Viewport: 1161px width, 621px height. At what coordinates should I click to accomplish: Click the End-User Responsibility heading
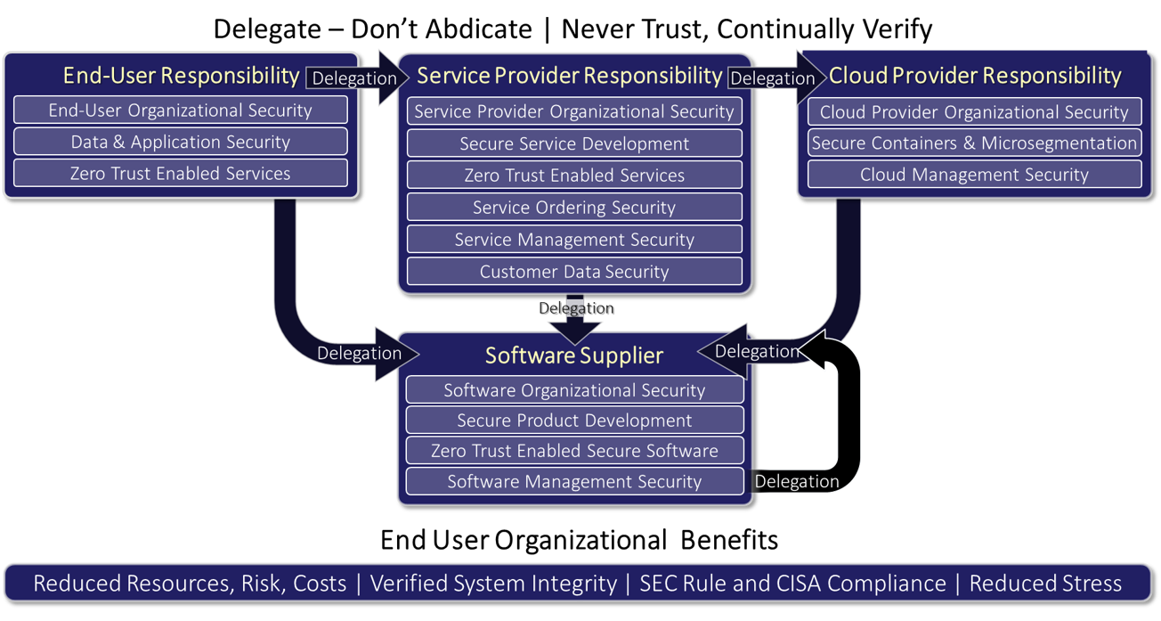point(181,76)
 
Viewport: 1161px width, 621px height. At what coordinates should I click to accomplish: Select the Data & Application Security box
point(181,142)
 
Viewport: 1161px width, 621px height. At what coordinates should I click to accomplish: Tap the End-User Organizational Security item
point(181,110)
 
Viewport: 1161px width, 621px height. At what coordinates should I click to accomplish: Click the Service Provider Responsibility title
point(570,76)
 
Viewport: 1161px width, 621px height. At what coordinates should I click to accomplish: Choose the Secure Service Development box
point(574,143)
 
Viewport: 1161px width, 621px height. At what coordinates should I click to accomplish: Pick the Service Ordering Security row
point(574,208)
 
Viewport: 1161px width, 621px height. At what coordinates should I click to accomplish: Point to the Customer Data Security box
point(574,272)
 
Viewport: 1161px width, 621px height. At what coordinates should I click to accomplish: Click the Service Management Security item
point(574,240)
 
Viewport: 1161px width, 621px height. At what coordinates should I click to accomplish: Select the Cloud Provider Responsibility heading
point(975,76)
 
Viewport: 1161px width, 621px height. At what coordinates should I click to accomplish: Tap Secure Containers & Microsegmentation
point(975,143)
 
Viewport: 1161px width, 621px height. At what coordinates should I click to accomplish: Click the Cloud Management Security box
point(975,175)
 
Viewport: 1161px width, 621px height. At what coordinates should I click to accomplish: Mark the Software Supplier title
point(574,355)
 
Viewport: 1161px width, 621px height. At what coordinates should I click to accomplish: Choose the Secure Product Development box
point(574,421)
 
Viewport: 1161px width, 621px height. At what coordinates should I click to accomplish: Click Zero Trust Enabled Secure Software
point(574,451)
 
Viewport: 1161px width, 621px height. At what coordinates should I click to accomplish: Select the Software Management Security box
point(574,482)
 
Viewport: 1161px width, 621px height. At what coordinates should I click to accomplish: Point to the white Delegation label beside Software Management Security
point(797,482)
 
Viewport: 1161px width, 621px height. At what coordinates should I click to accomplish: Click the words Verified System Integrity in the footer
point(493,584)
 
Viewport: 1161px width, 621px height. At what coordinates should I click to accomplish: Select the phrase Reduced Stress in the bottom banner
point(1045,584)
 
